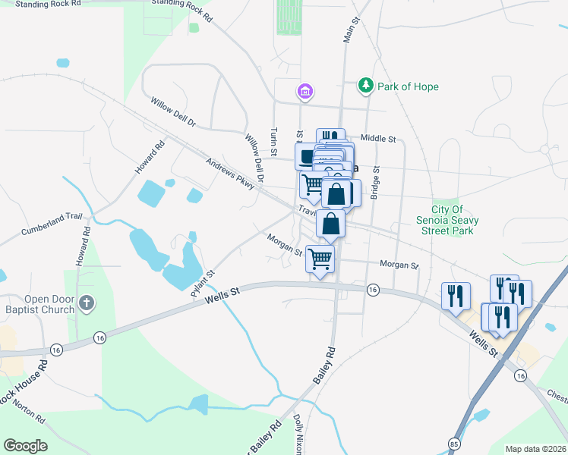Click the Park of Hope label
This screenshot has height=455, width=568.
tap(409, 86)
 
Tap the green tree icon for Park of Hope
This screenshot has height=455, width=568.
tap(366, 85)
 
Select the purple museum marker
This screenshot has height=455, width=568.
tap(305, 93)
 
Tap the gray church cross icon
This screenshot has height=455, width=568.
tap(87, 303)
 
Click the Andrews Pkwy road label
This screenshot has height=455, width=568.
tap(229, 174)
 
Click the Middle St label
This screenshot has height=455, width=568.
tap(378, 139)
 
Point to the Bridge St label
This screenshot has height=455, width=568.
tap(374, 184)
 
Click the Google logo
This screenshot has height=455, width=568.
tap(25, 446)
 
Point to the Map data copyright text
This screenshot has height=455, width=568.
tap(535, 449)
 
